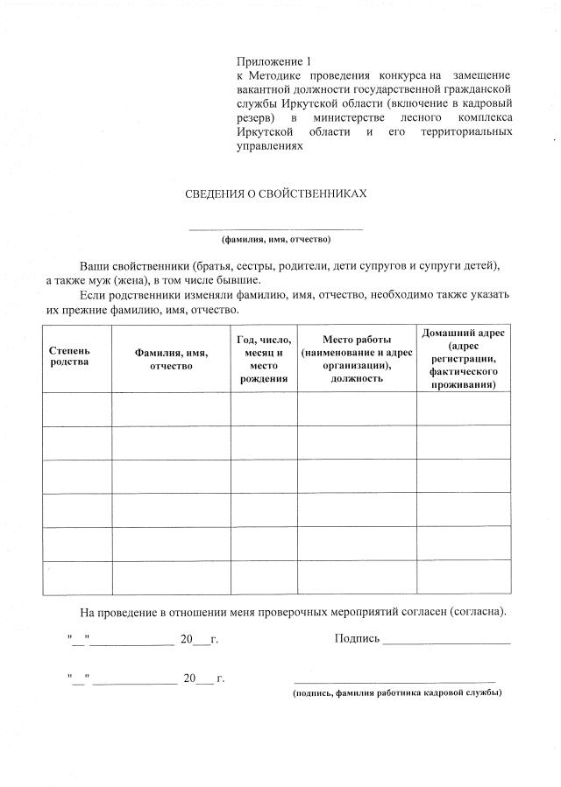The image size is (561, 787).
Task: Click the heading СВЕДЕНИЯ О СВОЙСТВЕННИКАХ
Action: coord(275,193)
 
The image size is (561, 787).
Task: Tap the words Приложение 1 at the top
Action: coord(273,61)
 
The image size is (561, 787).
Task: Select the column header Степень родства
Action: coord(69,356)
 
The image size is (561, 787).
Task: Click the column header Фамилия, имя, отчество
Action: coord(171,359)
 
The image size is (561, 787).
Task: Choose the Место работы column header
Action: coord(356,359)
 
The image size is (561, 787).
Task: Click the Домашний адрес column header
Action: coord(463,359)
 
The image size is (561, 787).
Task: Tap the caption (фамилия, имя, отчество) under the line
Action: coord(275,238)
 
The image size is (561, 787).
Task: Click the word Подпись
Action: coord(357,638)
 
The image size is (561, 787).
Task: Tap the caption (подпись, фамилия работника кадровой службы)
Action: coord(397,692)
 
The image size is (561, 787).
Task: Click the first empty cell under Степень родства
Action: coord(77,409)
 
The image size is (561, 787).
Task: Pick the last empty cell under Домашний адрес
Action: coord(463,577)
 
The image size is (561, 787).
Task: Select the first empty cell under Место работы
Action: coord(356,409)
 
